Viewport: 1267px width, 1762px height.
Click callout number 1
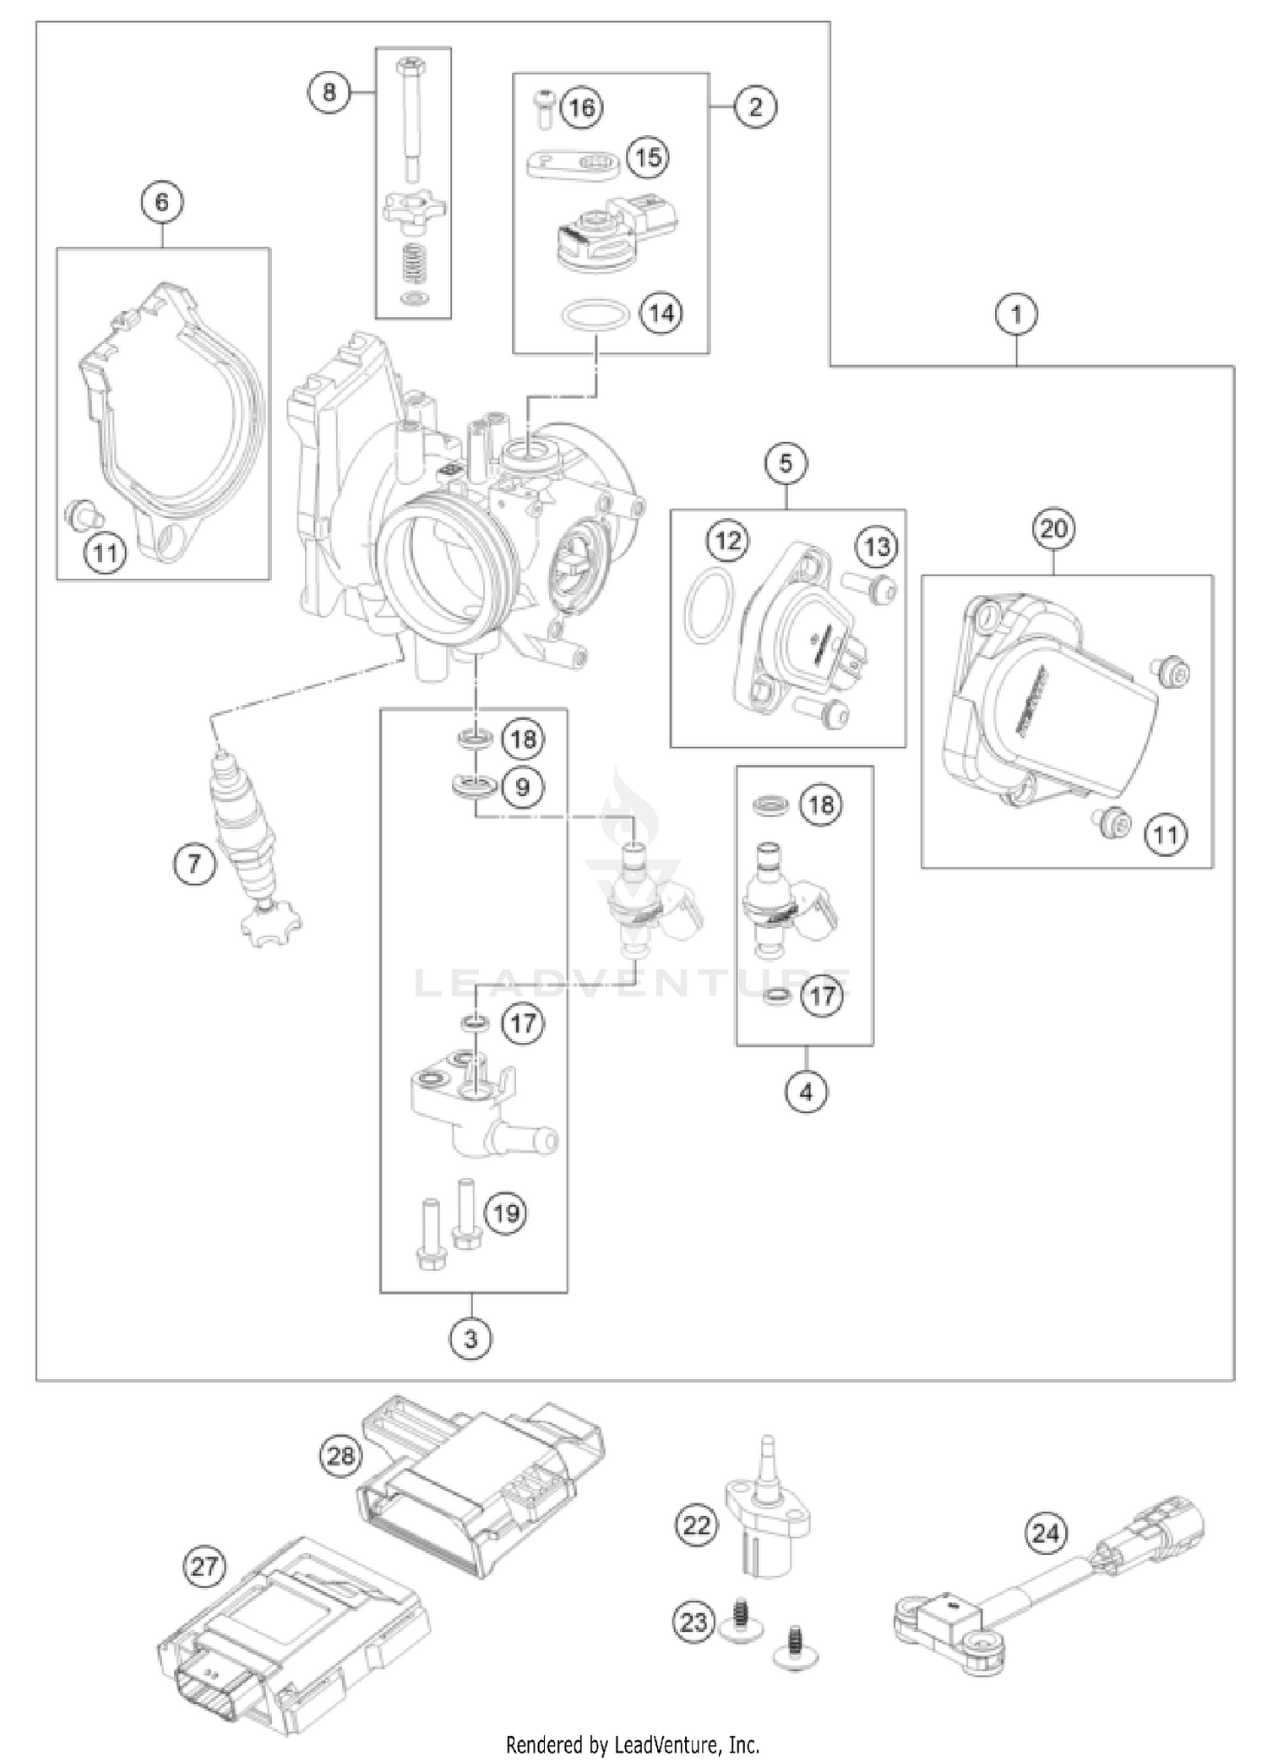pos(1016,315)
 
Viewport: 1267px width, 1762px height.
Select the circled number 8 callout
pos(329,90)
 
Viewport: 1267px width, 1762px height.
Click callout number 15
pos(647,158)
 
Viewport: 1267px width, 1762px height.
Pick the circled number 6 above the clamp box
pos(162,202)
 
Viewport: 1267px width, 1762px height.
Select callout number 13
pos(877,547)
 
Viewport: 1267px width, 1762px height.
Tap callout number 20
pos(1053,529)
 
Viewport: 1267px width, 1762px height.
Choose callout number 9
pos(523,788)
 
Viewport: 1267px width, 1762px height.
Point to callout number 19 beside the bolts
pos(506,1214)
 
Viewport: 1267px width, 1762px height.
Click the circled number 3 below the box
pos(470,1339)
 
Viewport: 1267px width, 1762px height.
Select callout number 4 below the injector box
pos(806,1093)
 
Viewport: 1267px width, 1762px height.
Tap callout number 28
pos(342,1455)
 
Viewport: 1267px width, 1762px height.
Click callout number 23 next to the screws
pos(694,1622)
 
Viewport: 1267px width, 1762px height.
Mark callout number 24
pos(1046,1532)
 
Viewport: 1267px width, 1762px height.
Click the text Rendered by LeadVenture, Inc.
pos(633,1743)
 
